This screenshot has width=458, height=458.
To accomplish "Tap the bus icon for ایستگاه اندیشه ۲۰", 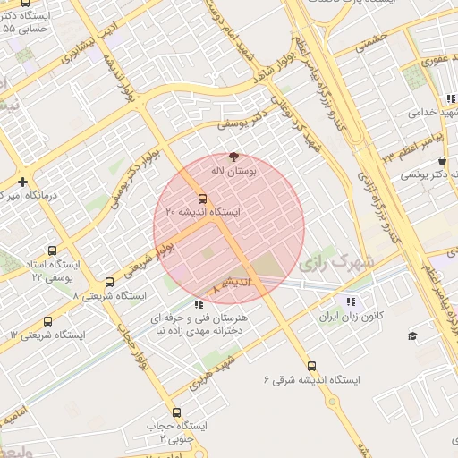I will click(x=203, y=199).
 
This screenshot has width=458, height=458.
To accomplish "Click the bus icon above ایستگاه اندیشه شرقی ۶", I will click(x=311, y=366).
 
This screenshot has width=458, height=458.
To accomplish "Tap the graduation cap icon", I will click(x=412, y=335).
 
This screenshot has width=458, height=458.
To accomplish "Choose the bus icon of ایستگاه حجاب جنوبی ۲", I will click(x=175, y=413).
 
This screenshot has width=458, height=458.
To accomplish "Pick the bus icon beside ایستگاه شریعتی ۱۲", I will click(x=47, y=320).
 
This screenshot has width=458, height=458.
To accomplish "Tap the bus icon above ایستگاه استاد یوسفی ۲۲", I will click(x=52, y=251).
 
